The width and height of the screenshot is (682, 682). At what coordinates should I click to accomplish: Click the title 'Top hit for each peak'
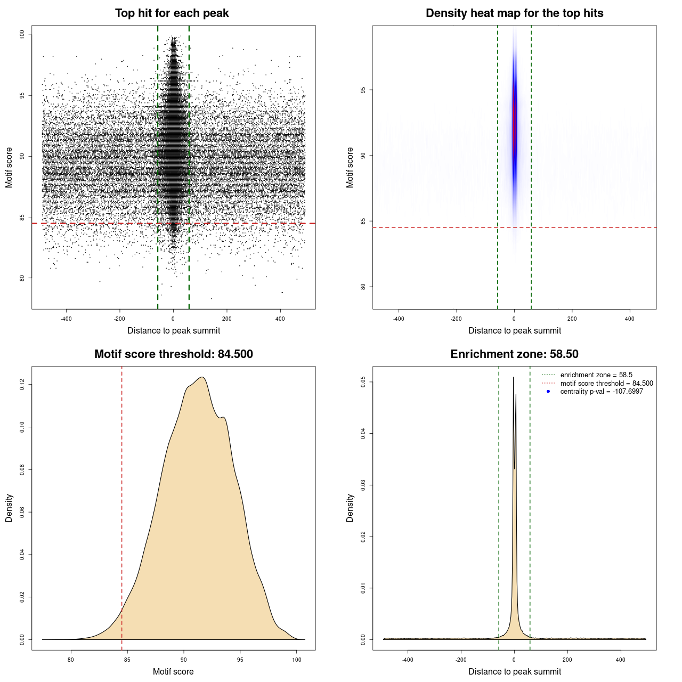click(172, 13)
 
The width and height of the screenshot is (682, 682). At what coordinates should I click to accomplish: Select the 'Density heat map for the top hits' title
click(514, 13)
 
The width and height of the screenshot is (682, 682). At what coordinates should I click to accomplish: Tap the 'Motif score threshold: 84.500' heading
click(173, 354)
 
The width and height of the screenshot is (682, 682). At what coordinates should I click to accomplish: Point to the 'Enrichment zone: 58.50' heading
click(514, 354)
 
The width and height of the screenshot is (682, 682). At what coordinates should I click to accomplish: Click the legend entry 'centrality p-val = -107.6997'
click(602, 392)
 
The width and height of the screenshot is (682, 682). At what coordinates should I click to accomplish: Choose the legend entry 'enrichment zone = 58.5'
click(596, 375)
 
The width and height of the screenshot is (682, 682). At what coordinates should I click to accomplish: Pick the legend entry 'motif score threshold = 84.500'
click(606, 384)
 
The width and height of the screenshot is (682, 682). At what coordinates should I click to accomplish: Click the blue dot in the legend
click(548, 392)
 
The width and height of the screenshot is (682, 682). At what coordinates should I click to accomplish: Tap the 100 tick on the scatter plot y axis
click(22, 35)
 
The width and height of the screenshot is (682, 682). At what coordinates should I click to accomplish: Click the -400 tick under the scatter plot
click(66, 319)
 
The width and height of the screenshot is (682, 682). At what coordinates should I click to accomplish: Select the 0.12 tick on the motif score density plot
click(22, 384)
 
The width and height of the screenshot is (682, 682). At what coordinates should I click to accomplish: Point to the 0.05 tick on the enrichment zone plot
click(363, 381)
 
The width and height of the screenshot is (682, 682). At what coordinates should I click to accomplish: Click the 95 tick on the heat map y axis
click(363, 90)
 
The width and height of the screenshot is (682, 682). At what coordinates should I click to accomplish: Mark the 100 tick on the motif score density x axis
click(297, 660)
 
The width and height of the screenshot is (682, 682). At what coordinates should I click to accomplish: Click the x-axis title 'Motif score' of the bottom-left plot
click(173, 671)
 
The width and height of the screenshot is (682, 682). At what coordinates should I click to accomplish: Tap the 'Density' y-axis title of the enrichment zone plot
click(350, 508)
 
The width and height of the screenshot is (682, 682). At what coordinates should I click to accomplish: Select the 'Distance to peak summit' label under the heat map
click(514, 330)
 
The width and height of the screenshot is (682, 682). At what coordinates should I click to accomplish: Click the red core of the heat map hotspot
click(515, 123)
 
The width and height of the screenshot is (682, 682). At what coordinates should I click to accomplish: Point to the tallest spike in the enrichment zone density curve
click(513, 378)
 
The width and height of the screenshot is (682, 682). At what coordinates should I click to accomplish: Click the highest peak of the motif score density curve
click(202, 378)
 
